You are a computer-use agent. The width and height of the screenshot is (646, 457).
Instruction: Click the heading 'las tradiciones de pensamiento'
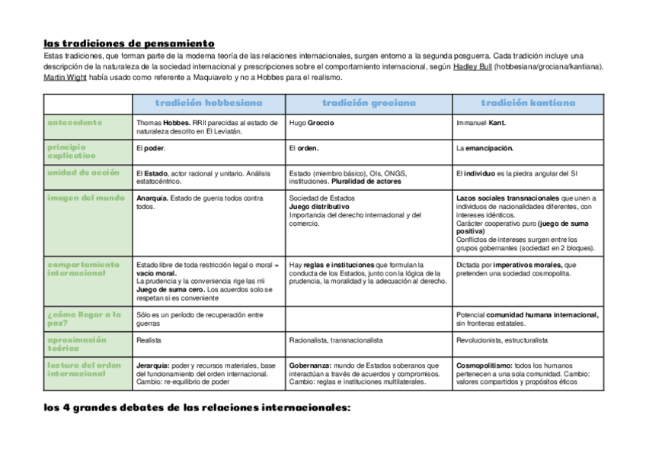(x=129, y=43)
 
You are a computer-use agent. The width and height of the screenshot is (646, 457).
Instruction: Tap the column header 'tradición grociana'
(x=369, y=103)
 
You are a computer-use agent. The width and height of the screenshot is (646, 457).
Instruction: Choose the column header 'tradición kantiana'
(x=528, y=103)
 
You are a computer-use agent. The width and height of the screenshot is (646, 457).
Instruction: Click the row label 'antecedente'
(x=75, y=122)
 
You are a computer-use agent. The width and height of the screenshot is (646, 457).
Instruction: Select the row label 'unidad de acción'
(x=83, y=172)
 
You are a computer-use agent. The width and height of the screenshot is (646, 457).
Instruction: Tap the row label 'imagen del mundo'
(x=85, y=198)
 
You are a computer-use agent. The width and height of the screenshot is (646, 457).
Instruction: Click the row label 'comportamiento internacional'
(x=83, y=269)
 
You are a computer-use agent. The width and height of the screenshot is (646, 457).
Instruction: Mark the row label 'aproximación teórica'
(x=77, y=343)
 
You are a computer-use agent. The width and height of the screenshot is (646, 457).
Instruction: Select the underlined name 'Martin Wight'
(x=65, y=77)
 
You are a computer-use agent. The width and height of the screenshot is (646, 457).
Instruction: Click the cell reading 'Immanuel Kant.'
(x=481, y=123)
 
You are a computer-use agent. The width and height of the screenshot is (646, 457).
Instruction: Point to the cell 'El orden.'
(x=304, y=148)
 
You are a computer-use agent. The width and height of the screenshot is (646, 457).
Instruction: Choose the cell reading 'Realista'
(x=149, y=340)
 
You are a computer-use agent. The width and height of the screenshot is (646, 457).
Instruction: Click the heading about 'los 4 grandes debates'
(x=197, y=408)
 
